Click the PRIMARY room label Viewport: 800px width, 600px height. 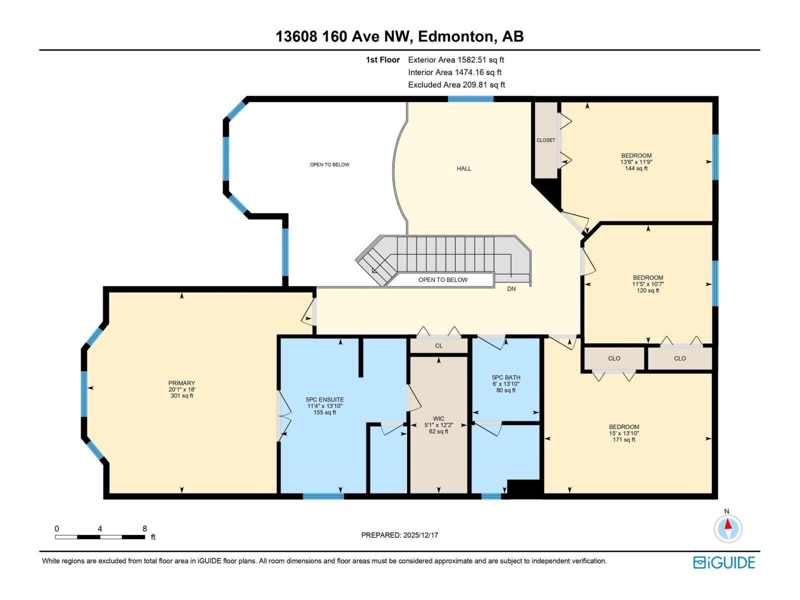181,383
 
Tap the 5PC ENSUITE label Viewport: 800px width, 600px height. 324,400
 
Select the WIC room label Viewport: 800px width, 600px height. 438,419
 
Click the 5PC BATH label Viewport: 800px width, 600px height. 506,377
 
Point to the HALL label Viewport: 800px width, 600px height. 464,168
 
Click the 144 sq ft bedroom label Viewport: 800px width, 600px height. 636,162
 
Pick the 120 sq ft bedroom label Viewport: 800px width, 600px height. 648,284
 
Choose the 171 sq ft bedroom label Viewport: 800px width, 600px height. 624,433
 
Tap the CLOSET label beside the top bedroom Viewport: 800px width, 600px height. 545,140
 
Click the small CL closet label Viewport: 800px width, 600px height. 438,346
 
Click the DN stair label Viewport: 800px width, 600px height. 511,289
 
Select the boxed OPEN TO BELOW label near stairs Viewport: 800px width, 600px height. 442,280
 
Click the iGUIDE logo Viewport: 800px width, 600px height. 723,562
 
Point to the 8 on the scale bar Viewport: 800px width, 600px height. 144,528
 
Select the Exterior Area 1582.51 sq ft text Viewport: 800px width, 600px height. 456,60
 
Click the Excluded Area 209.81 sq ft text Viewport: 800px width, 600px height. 456,85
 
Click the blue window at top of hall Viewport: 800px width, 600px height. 470,99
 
